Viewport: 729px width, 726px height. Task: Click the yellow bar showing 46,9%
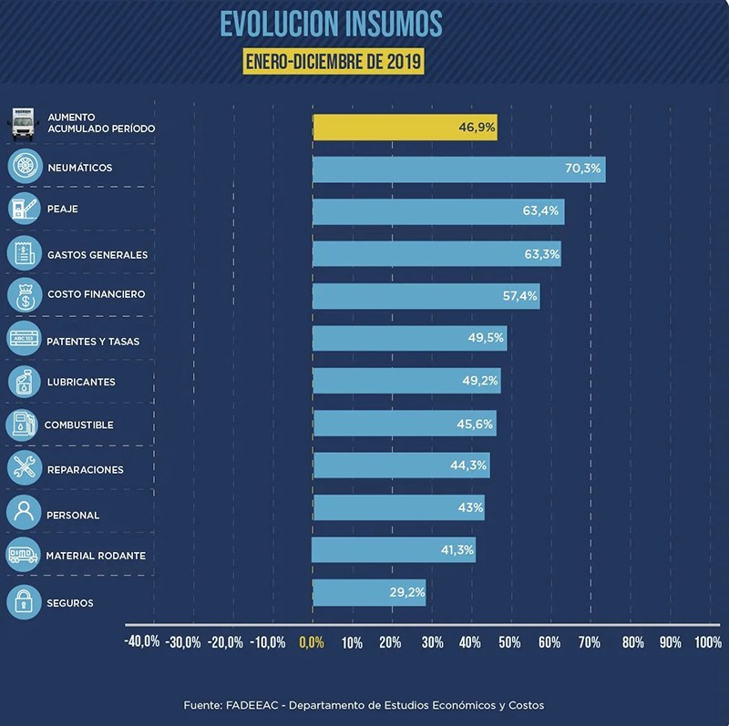click(405, 128)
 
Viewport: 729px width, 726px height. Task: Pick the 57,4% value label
click(520, 296)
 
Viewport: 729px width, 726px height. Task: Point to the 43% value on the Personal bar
click(470, 507)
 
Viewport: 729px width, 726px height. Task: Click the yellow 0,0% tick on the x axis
click(312, 642)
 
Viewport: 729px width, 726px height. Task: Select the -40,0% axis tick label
click(142, 642)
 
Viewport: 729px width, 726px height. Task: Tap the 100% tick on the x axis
click(707, 642)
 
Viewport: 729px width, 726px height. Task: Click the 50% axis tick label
click(509, 642)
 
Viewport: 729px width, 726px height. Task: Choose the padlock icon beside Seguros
click(24, 602)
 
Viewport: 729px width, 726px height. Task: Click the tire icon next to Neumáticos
click(24, 167)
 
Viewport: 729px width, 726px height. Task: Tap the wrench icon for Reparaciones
click(24, 468)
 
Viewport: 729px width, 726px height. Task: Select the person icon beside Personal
click(24, 512)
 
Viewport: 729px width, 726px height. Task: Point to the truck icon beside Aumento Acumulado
click(24, 122)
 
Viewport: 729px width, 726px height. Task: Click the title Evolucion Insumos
click(331, 24)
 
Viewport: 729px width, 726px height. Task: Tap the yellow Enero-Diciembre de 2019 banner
click(334, 63)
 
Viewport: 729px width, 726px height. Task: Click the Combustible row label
click(79, 425)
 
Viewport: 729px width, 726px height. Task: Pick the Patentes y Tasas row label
click(93, 341)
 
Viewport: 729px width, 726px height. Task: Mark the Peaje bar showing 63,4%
click(438, 211)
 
